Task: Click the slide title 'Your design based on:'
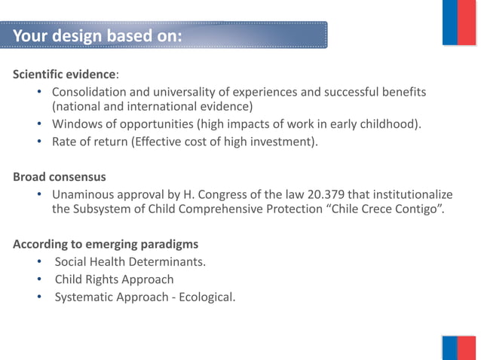97,35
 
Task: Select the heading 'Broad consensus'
60,177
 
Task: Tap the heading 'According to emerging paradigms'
106,244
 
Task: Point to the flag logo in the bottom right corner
459,349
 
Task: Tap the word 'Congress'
244,194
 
